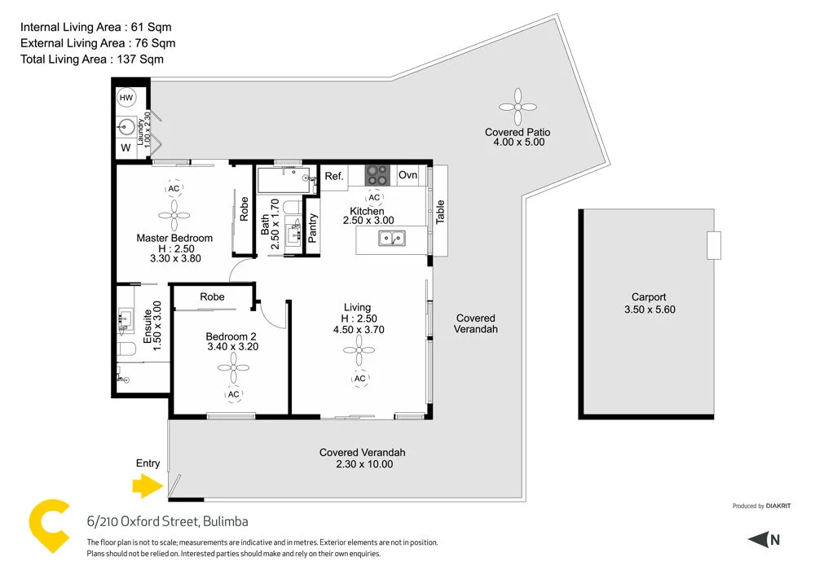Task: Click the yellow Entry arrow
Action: (147, 487)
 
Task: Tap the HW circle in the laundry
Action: (126, 98)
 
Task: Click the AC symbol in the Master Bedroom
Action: (173, 189)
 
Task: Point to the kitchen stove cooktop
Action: (377, 174)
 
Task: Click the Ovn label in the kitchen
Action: (408, 175)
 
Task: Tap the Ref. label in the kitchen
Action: (334, 176)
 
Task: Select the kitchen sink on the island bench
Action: (392, 239)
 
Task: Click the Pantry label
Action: (313, 227)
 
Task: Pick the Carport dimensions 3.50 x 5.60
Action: (649, 309)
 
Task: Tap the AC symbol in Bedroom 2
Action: (233, 394)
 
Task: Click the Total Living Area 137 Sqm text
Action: (92, 59)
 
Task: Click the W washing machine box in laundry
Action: (126, 148)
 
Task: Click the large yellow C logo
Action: (49, 528)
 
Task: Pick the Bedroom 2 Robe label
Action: (212, 297)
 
